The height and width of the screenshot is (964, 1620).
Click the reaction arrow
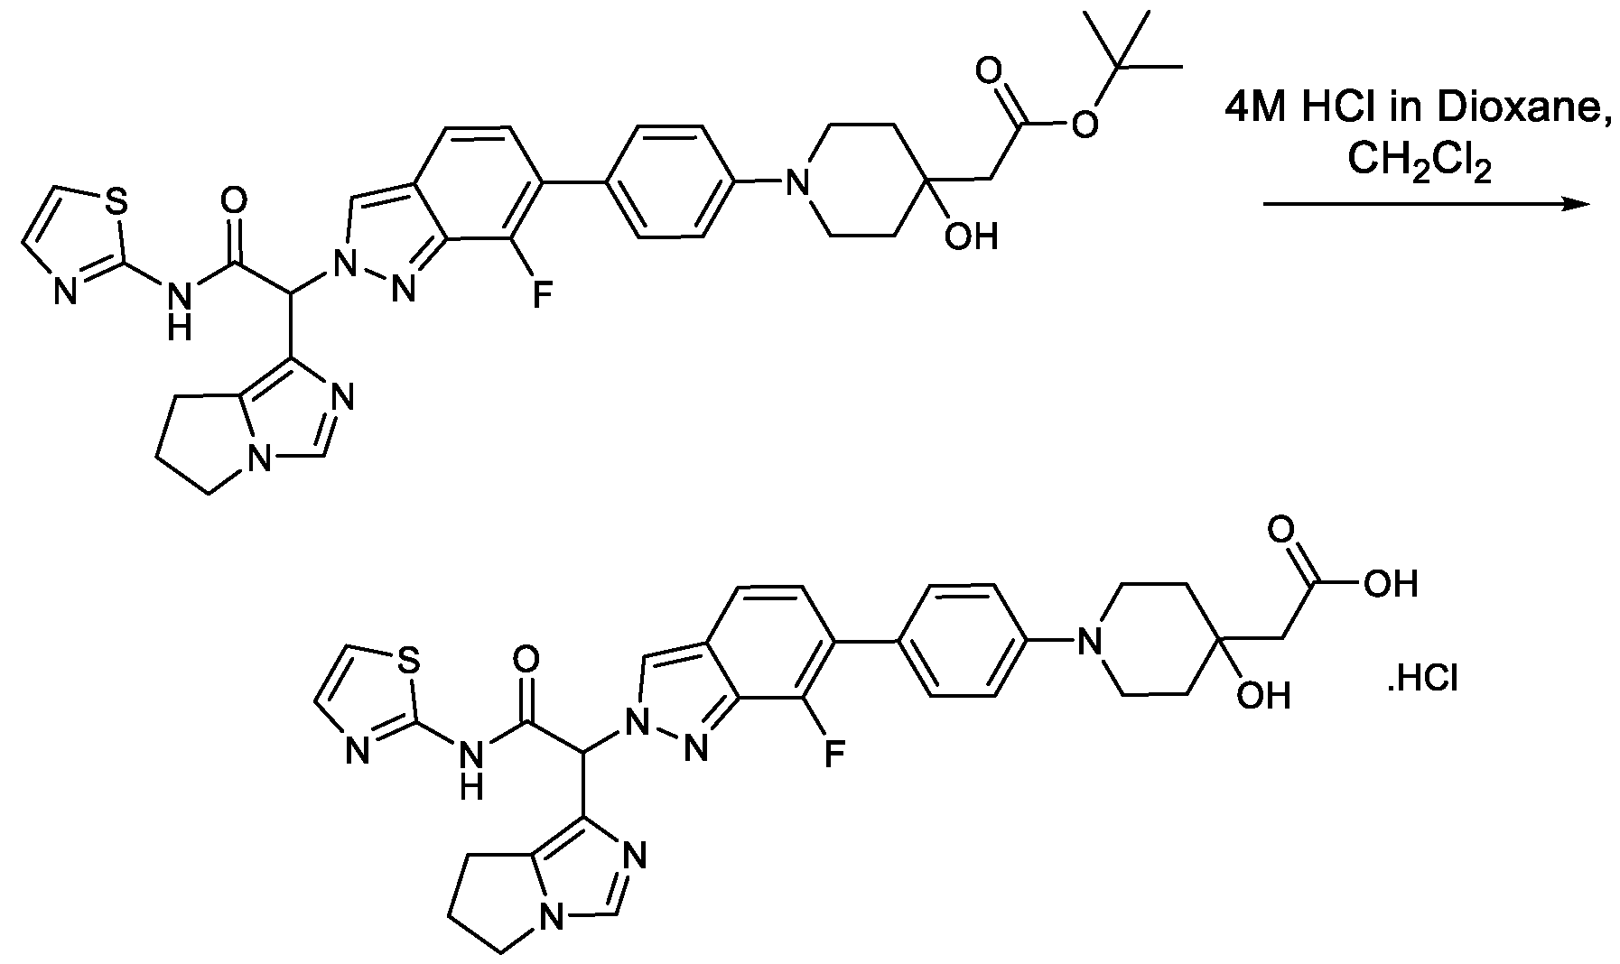tap(1425, 204)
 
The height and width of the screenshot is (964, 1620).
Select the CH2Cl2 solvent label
tap(1419, 163)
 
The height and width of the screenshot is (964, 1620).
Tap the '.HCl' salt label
tap(1422, 678)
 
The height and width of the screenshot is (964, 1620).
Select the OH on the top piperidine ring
tap(971, 236)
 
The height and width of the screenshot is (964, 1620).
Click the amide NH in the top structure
tap(180, 308)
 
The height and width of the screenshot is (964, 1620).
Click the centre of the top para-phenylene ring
tap(669, 182)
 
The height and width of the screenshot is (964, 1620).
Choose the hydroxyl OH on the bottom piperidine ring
tap(1263, 695)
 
